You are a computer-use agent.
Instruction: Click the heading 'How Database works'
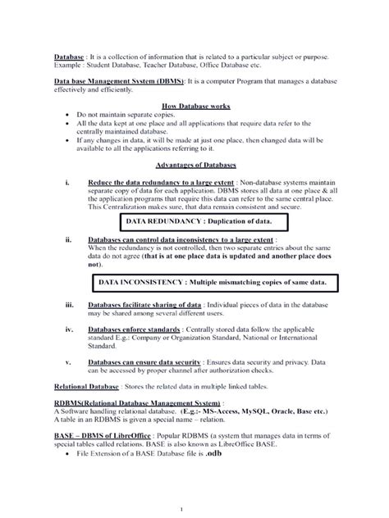[194, 107]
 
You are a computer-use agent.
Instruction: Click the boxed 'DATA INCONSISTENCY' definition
[212, 281]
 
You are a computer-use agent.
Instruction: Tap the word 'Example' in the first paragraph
[70, 64]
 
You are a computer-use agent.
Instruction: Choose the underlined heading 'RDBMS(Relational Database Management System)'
[137, 403]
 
